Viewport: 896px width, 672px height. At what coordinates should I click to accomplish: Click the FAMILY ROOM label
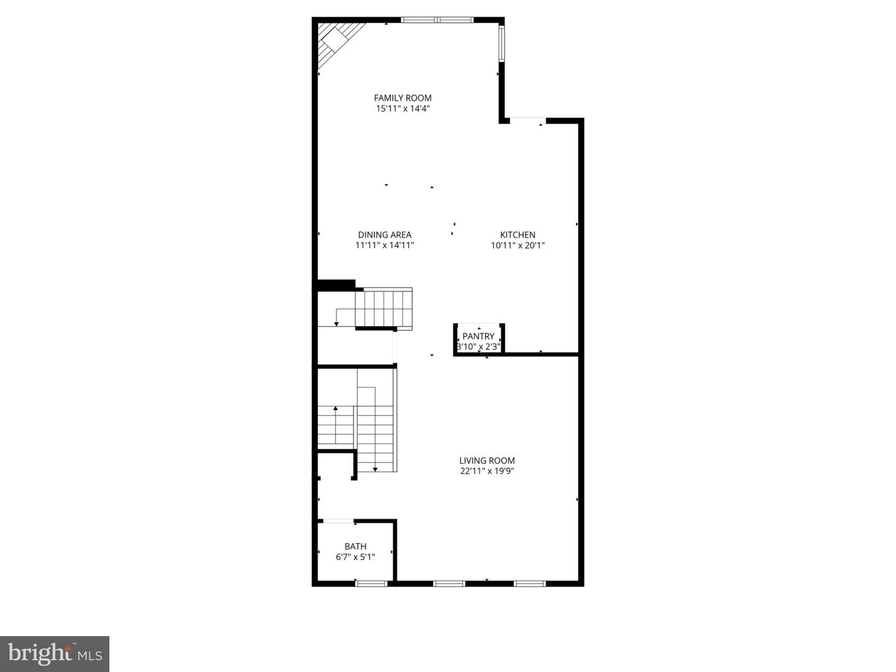[x=403, y=98]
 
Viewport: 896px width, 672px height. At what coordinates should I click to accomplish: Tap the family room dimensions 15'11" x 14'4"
[x=403, y=108]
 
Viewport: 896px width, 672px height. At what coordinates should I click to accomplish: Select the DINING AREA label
[x=385, y=235]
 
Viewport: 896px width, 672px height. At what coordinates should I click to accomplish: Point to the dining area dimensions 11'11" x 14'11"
[x=385, y=245]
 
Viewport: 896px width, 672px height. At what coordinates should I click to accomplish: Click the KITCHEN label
[x=518, y=235]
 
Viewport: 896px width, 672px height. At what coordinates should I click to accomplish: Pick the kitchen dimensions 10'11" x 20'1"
[x=518, y=245]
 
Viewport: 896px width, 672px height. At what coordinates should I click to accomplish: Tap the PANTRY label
[x=478, y=336]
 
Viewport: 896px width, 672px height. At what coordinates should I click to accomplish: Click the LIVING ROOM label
[x=487, y=460]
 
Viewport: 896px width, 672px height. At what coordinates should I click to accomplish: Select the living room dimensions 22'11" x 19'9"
[x=487, y=471]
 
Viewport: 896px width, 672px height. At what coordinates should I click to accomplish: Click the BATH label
[x=355, y=546]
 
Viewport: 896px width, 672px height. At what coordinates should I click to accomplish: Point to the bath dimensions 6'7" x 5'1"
[x=355, y=557]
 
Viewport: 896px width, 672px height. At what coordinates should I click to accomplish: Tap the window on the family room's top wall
[x=437, y=20]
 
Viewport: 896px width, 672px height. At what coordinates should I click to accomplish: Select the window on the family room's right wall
[x=501, y=43]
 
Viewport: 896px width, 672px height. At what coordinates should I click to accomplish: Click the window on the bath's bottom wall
[x=371, y=583]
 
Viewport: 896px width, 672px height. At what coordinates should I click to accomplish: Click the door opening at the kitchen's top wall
[x=528, y=119]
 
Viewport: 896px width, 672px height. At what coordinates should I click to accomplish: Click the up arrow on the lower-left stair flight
[x=336, y=409]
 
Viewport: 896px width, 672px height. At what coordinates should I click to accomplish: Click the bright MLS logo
[x=55, y=653]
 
